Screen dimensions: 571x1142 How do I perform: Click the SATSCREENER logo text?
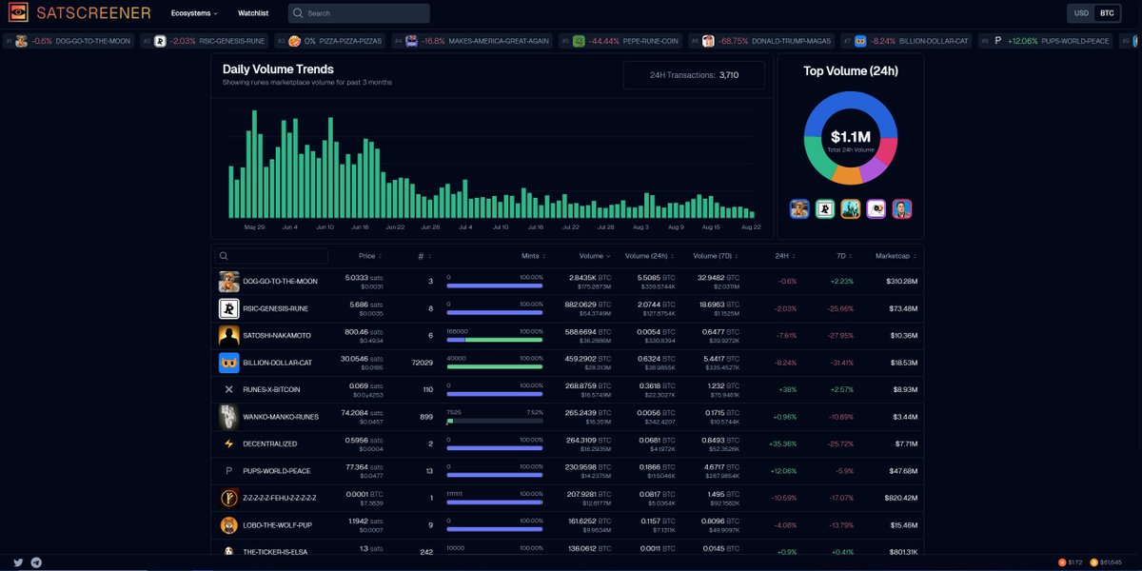(92, 13)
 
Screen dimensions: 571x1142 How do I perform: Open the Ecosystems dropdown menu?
(194, 13)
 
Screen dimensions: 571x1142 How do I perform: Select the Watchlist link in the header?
(253, 13)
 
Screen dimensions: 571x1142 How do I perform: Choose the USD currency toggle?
(1081, 13)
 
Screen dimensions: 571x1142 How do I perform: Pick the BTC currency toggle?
(1107, 13)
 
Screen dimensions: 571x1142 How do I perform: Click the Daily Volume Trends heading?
(278, 69)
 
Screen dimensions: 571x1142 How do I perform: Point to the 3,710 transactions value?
(729, 75)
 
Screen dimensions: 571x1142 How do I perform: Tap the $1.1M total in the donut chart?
(851, 138)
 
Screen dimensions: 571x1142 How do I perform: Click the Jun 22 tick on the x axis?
(396, 227)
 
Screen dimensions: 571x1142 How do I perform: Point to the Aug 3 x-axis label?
(640, 227)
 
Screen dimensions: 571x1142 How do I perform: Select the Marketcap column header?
(895, 256)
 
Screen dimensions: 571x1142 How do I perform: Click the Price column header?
(366, 256)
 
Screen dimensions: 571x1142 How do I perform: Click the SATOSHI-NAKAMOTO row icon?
(228, 336)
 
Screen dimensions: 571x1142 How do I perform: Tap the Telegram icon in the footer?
(36, 562)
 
